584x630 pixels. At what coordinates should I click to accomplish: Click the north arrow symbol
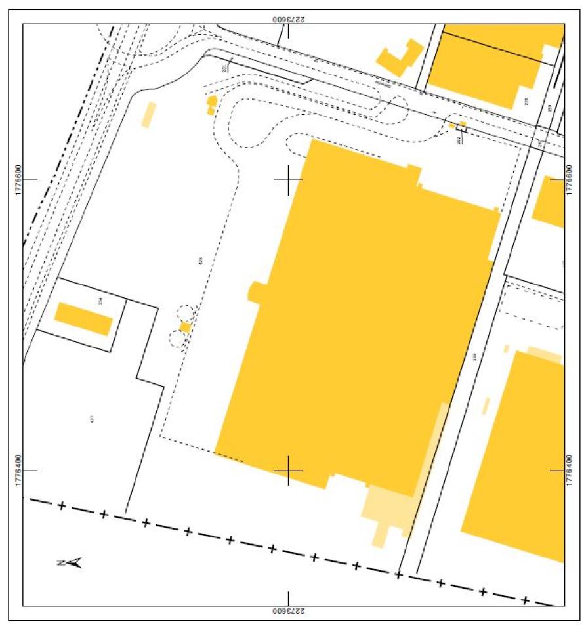(69, 562)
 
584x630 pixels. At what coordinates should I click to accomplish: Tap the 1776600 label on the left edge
(16, 178)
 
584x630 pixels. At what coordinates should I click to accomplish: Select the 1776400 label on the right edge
(570, 470)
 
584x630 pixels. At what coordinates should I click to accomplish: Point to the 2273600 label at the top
(289, 18)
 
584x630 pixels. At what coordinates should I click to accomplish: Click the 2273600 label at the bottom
(289, 611)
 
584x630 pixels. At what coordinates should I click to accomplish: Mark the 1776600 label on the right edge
(570, 178)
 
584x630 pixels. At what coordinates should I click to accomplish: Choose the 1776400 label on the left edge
(16, 470)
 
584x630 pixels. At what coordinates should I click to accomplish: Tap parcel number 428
(201, 261)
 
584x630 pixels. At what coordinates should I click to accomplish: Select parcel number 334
(100, 301)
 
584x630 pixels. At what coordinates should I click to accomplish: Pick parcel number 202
(459, 140)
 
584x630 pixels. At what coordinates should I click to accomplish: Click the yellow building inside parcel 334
(83, 319)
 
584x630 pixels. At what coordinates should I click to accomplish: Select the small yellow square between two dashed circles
(185, 327)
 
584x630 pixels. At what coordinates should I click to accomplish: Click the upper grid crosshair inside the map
(288, 178)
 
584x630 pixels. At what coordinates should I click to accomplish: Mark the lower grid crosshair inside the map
(288, 470)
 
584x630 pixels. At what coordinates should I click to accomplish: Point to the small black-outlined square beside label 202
(462, 129)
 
